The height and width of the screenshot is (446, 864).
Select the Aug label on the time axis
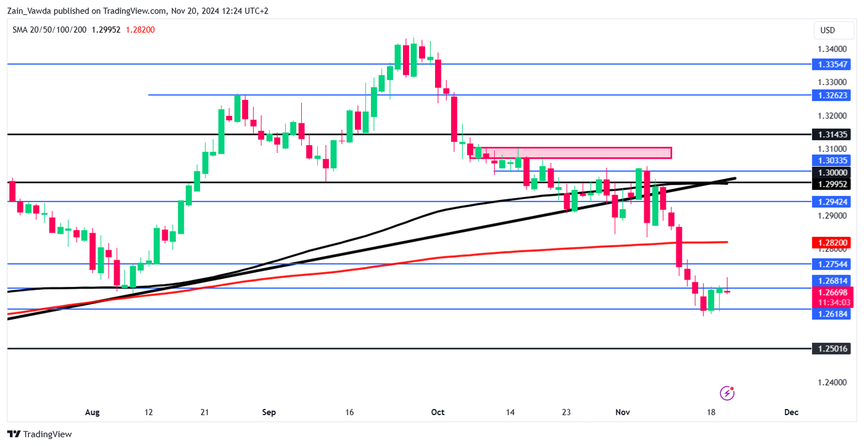coord(92,412)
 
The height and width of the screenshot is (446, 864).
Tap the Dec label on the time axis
coord(791,412)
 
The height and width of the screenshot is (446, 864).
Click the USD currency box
coord(827,30)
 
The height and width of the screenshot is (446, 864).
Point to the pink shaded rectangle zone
coord(571,152)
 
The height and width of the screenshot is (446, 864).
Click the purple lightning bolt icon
coord(728,393)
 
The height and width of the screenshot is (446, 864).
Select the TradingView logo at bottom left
coord(39,434)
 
